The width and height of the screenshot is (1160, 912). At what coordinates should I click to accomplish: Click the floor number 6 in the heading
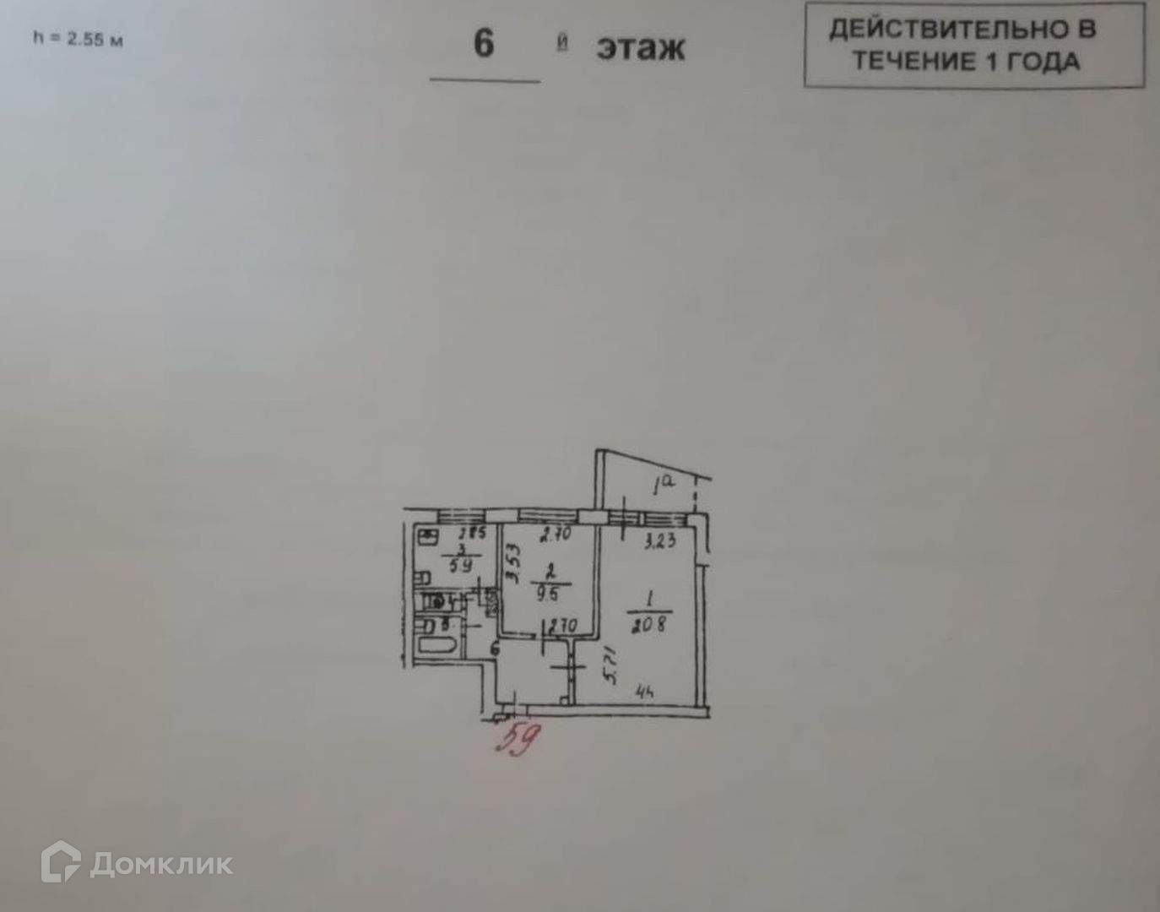(x=484, y=42)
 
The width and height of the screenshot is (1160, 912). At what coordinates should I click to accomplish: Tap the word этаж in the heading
(x=640, y=48)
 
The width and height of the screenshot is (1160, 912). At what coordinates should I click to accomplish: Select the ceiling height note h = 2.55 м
(x=78, y=39)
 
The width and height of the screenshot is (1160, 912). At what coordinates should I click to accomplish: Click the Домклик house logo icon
(x=61, y=862)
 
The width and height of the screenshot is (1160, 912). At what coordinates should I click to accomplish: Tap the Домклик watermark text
(x=160, y=864)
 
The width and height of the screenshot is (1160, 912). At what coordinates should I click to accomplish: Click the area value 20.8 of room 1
(x=648, y=625)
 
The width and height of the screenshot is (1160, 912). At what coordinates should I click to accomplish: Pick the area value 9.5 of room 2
(x=548, y=594)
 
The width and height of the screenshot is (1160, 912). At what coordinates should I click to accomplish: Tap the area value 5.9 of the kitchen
(x=461, y=565)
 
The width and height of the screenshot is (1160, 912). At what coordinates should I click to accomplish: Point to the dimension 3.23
(x=659, y=540)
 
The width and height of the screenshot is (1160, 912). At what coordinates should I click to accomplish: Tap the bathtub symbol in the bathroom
(x=438, y=649)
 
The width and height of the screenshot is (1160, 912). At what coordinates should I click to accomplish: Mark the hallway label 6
(x=495, y=649)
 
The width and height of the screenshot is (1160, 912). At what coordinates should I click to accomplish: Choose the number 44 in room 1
(x=646, y=693)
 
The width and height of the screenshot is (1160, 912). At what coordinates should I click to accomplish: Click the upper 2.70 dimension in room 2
(x=556, y=534)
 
